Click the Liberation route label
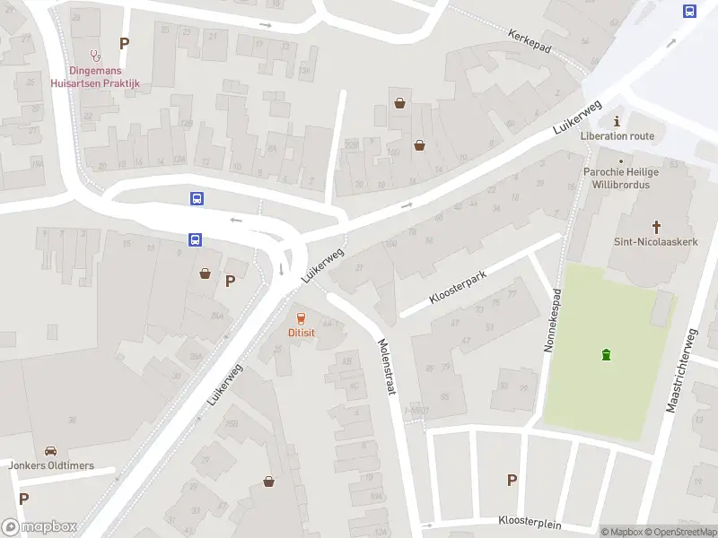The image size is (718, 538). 617,136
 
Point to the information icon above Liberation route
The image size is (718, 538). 617,121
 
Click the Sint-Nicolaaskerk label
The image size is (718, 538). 656,241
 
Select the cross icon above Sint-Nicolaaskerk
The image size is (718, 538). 656,227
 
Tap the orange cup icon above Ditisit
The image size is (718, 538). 301,317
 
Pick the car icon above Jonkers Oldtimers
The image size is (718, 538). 50,451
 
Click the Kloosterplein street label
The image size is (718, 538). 530,521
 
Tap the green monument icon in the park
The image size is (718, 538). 607,355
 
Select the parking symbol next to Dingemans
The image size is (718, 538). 124,43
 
